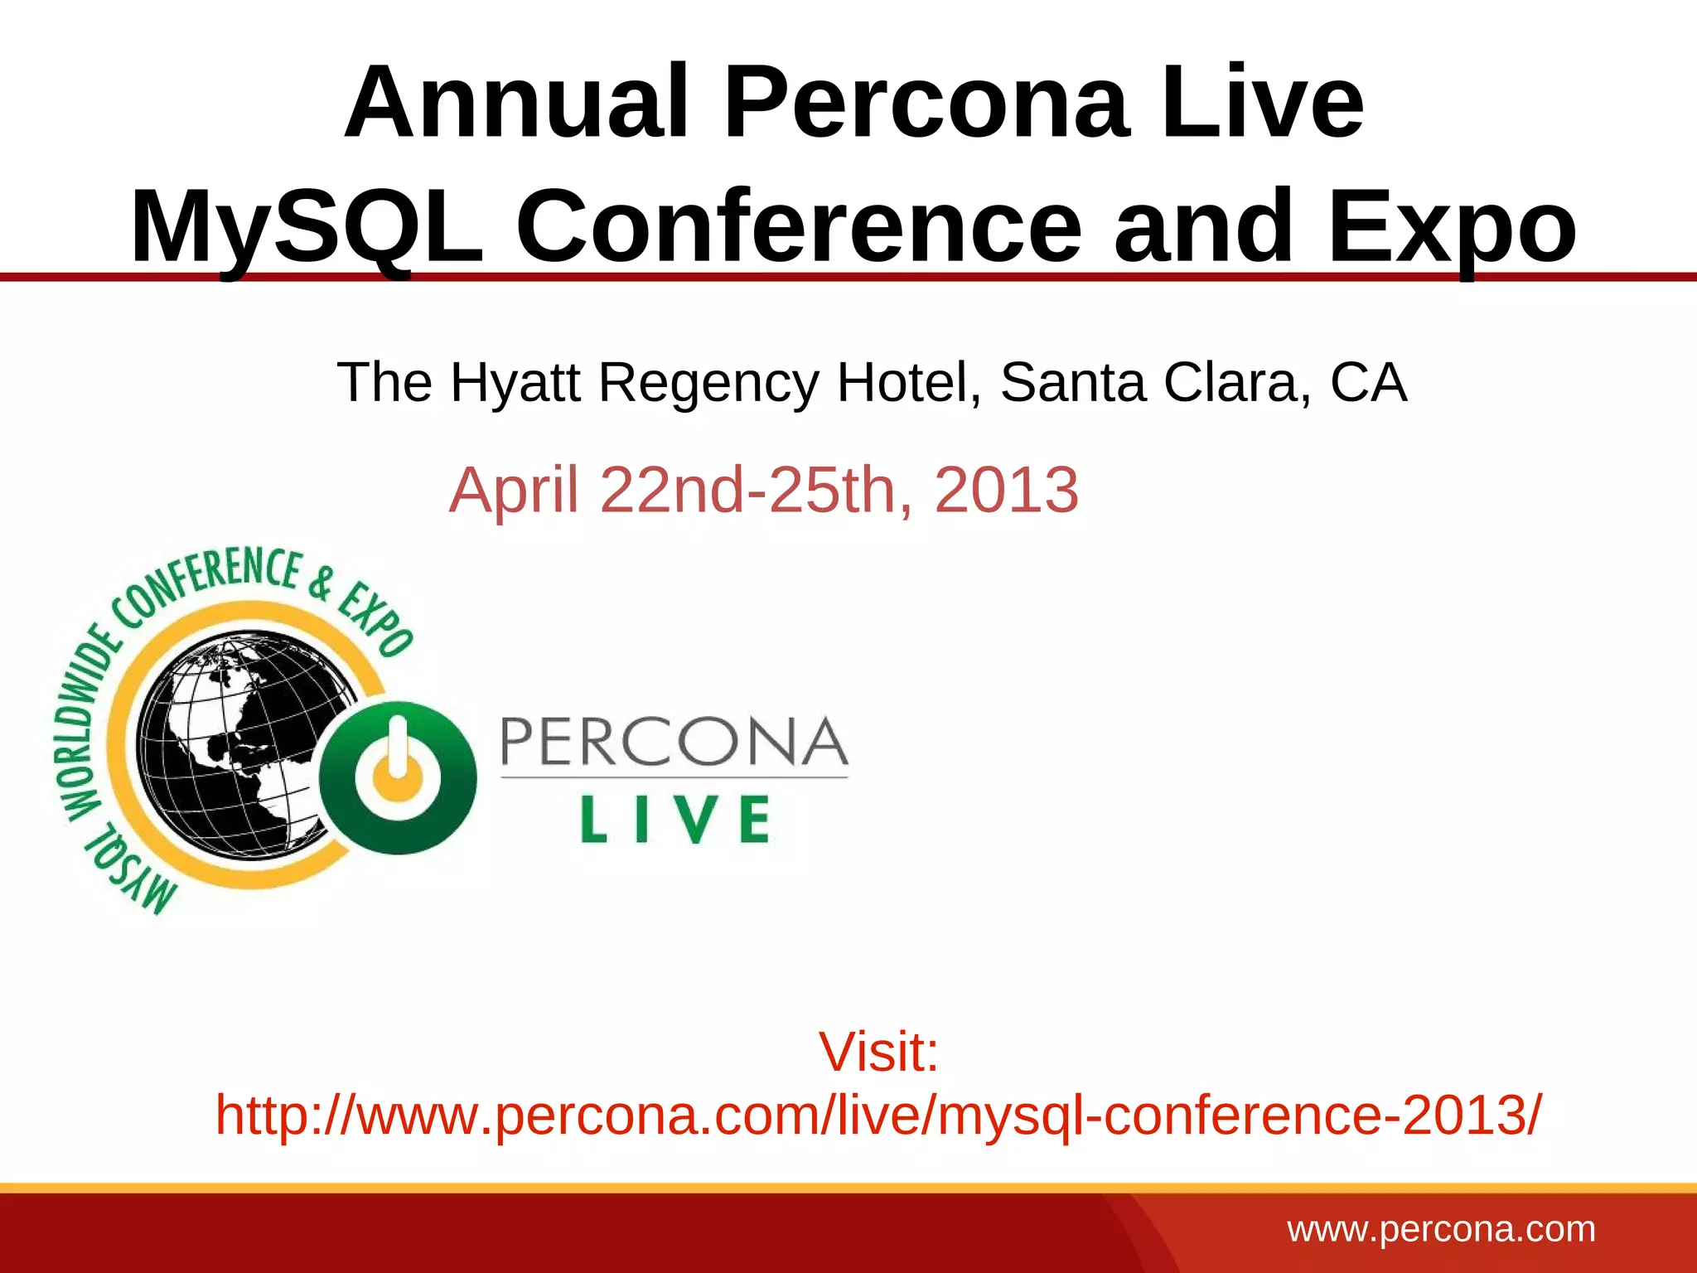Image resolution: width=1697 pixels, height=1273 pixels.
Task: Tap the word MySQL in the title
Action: pos(307,227)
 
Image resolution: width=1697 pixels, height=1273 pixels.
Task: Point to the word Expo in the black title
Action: pos(1452,227)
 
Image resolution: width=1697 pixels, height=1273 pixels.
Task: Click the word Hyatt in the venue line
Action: pos(515,383)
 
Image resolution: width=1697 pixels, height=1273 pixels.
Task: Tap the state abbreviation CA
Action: pos(1368,383)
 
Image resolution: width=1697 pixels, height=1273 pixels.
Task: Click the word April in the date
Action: pos(513,491)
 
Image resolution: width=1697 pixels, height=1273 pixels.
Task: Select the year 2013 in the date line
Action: pos(1006,490)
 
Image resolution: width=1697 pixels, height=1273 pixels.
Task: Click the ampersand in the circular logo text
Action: pos(322,583)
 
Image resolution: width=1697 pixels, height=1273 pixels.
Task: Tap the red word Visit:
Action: pos(878,1052)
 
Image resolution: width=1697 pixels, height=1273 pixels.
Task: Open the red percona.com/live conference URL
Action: pos(878,1115)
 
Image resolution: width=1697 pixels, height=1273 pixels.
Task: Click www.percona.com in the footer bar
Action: pos(1441,1229)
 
